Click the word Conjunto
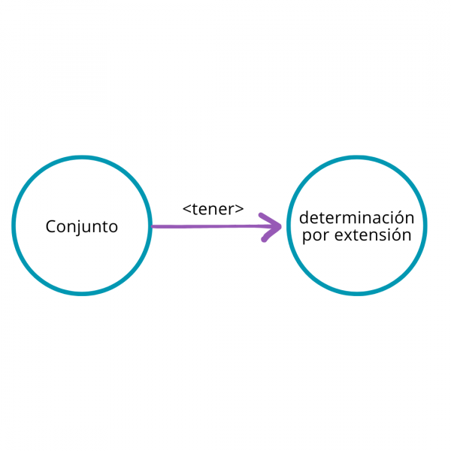coord(82,226)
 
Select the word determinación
coord(357,218)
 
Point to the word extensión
coord(372,235)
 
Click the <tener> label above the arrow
coord(213,210)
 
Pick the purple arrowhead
coord(271,226)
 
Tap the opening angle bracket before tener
coord(186,210)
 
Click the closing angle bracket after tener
coord(240,210)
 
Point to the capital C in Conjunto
coord(50,226)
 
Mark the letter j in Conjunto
coord(78,227)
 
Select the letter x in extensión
coord(348,236)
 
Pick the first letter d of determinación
coord(304,218)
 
